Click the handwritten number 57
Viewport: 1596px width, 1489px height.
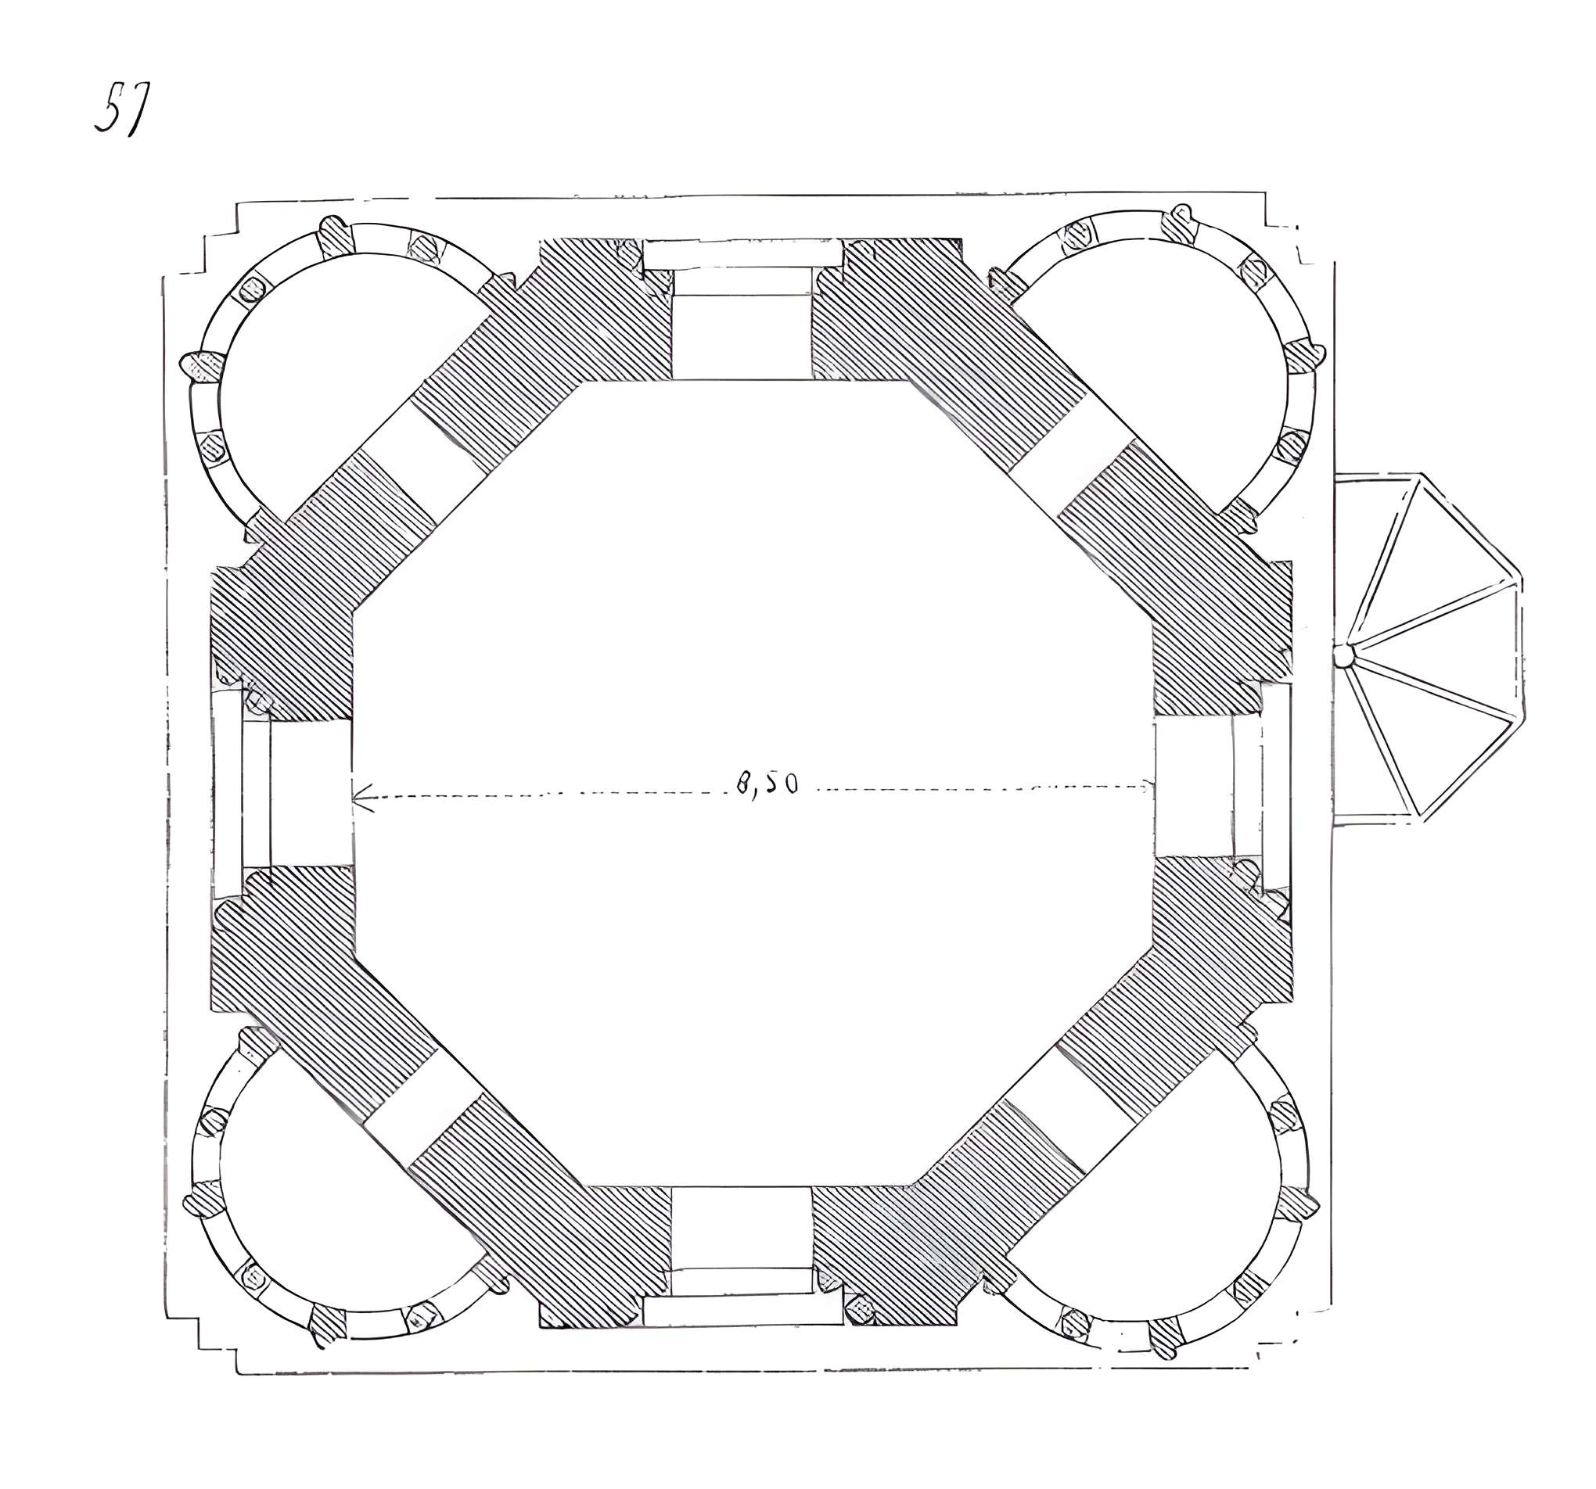(121, 108)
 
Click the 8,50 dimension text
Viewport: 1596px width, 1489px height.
(767, 784)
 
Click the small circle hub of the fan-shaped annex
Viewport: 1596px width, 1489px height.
(1343, 657)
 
